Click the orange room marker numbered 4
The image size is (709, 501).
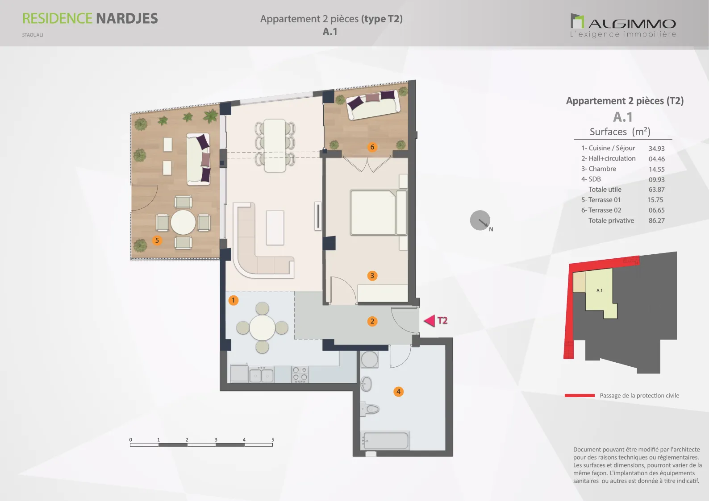pyautogui.click(x=399, y=392)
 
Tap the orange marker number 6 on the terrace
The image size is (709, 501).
pyautogui.click(x=372, y=147)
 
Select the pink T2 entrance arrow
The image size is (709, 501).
pyautogui.click(x=430, y=321)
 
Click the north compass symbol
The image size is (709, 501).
pyautogui.click(x=480, y=220)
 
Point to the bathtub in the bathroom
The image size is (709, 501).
pyautogui.click(x=384, y=440)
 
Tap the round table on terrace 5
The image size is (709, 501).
pyautogui.click(x=183, y=222)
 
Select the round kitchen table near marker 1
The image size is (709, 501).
pyautogui.click(x=262, y=327)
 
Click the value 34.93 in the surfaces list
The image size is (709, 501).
pyautogui.click(x=656, y=149)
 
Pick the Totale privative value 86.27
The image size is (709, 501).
pyautogui.click(x=656, y=220)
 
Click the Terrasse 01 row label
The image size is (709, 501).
pyautogui.click(x=601, y=200)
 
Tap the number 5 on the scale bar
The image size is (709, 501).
pyautogui.click(x=272, y=439)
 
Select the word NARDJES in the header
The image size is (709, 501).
pyautogui.click(x=127, y=19)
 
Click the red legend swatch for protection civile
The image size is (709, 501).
pyautogui.click(x=580, y=395)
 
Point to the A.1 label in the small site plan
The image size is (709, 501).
pyautogui.click(x=599, y=290)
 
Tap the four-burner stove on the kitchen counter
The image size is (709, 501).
pyautogui.click(x=300, y=374)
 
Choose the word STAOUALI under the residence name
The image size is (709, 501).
pyautogui.click(x=33, y=35)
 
